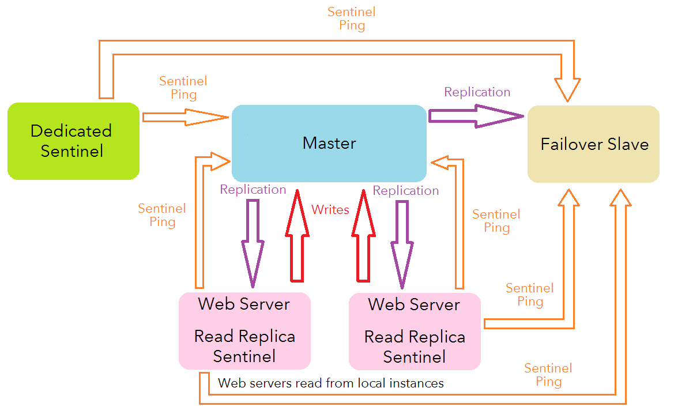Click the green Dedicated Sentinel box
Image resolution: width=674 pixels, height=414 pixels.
click(73, 141)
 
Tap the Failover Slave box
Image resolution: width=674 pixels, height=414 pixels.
click(594, 144)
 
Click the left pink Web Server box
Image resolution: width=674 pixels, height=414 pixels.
click(244, 330)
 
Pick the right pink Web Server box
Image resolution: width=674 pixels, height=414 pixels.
click(415, 330)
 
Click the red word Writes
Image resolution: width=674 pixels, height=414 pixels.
click(330, 210)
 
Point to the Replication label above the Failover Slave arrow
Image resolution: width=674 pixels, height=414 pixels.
click(477, 92)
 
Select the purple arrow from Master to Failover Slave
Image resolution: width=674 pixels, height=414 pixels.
click(476, 116)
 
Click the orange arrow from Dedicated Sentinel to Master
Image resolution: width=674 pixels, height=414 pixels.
click(184, 117)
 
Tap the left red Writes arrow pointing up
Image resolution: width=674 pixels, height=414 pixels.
click(298, 236)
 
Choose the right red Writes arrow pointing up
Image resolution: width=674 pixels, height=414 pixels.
click(364, 236)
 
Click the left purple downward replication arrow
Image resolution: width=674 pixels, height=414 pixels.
click(253, 242)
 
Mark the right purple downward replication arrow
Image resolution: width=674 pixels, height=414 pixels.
click(402, 242)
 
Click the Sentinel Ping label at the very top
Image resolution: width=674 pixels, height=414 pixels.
click(352, 18)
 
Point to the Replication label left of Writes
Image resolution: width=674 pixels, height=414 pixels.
click(253, 190)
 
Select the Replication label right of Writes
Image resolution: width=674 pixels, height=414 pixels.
click(406, 191)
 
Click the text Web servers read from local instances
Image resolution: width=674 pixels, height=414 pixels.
click(331, 383)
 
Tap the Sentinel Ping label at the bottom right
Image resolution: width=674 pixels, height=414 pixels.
click(548, 375)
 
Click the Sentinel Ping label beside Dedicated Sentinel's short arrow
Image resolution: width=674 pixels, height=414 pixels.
click(183, 88)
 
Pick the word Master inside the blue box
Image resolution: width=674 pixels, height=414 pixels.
click(329, 143)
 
